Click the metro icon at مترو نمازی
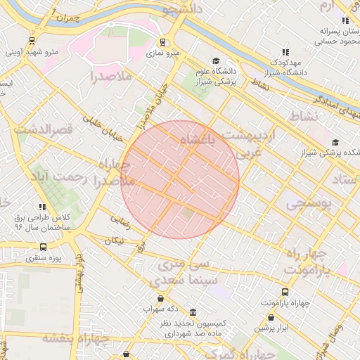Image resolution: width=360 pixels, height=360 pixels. (x=163, y=41)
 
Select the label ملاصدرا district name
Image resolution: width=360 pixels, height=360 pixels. (x=112, y=75)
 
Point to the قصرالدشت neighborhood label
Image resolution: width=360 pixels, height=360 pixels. (x=43, y=129)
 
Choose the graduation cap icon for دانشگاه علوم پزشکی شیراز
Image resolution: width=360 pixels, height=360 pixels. (x=216, y=60)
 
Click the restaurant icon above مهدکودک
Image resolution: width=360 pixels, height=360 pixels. (x=285, y=52)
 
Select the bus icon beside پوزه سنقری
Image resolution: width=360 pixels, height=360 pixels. (x=44, y=247)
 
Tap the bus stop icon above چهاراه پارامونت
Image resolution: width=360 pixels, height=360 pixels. (x=285, y=292)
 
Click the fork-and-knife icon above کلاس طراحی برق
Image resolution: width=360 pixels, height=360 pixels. (x=43, y=207)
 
